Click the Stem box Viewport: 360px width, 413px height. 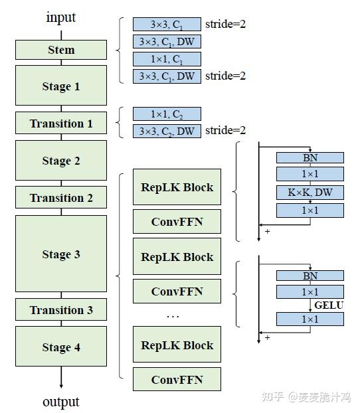[61, 50]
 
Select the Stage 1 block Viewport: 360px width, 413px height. [61, 86]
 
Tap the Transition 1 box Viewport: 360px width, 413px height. [61, 124]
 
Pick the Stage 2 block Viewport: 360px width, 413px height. [61, 161]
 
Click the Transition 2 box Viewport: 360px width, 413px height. [61, 198]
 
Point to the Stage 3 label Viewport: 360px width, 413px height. [61, 254]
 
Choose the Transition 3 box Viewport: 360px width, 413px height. [61, 310]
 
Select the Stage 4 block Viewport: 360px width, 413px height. [61, 347]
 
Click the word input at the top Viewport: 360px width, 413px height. [61, 17]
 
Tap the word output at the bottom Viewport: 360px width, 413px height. [61, 402]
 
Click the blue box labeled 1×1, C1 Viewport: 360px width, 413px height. [167, 59]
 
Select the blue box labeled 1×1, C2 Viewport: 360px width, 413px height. [167, 114]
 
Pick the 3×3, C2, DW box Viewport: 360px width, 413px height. [167, 131]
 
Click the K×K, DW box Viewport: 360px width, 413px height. [310, 193]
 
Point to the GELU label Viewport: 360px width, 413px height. [329, 306]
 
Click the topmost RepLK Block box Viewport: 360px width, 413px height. [177, 187]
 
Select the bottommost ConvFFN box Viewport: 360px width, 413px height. [177, 380]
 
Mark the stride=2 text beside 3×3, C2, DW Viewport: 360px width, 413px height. [225, 131]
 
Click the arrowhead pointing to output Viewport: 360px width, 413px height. [61, 385]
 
